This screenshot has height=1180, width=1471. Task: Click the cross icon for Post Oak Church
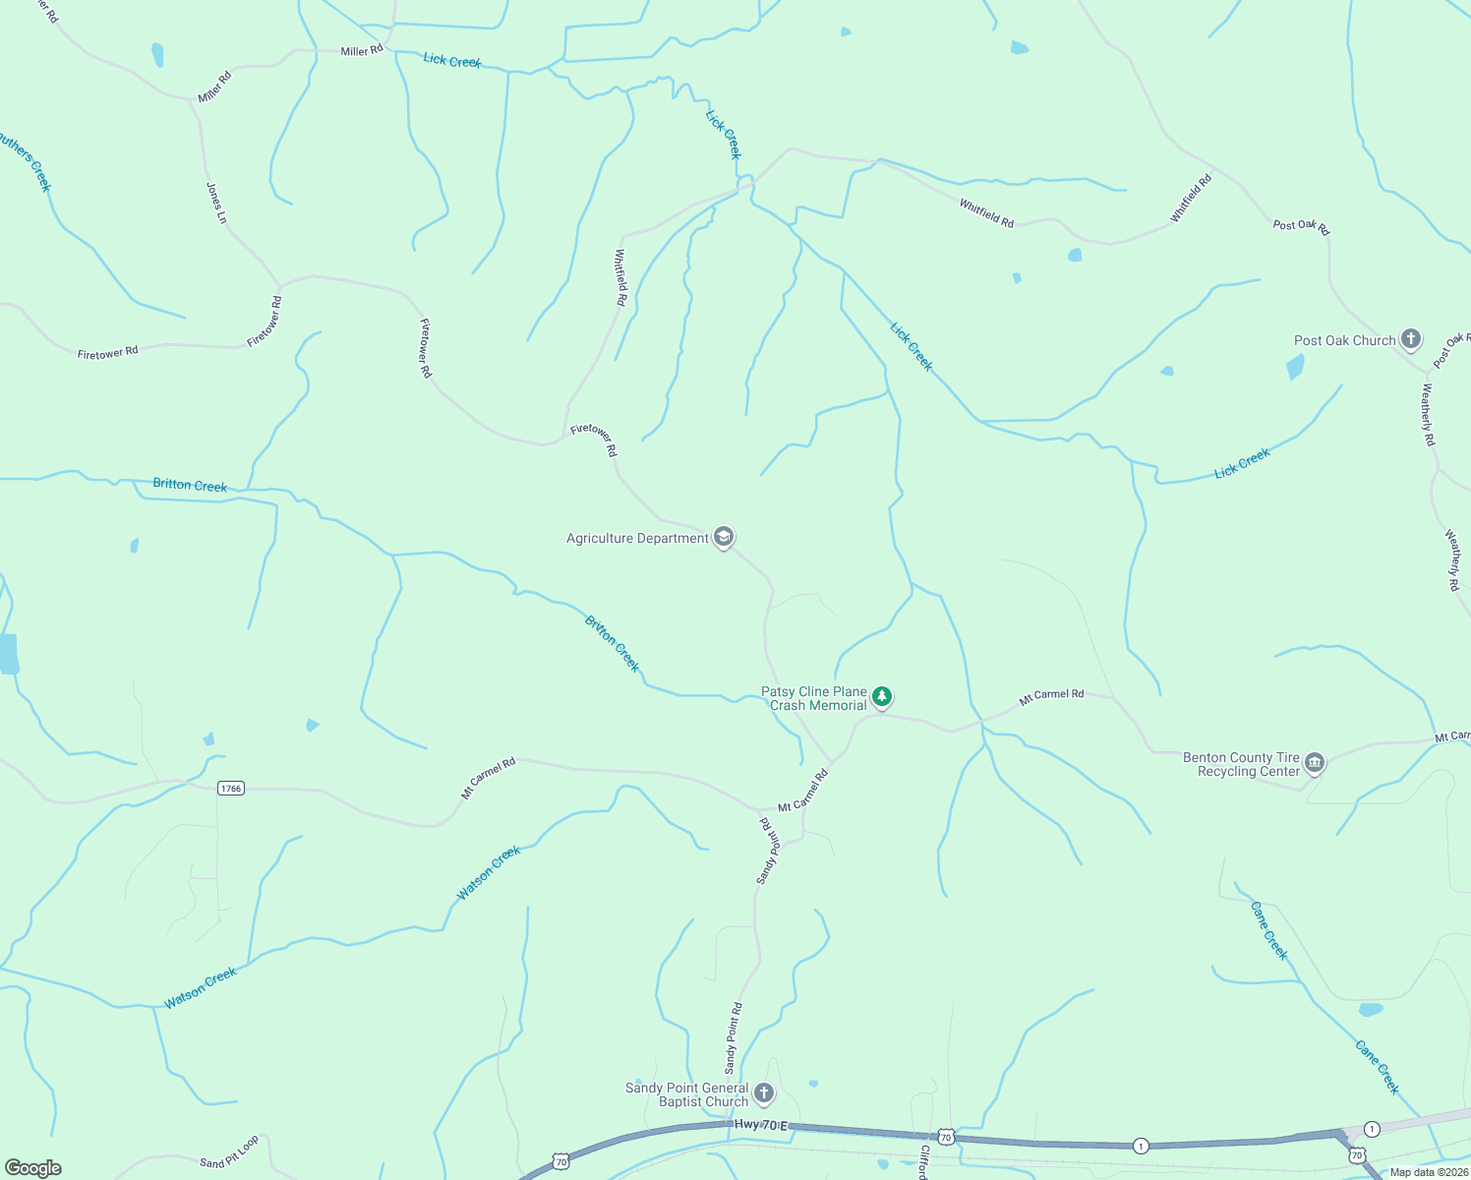(x=1411, y=340)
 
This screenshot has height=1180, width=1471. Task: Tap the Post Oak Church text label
(x=1344, y=340)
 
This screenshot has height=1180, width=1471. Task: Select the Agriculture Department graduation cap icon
(x=724, y=537)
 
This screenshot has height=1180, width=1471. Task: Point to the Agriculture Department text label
(x=637, y=538)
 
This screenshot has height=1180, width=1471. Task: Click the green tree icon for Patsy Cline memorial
(x=882, y=697)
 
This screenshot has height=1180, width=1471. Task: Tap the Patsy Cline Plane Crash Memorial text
(x=815, y=698)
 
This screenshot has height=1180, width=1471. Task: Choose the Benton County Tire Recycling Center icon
(x=1315, y=763)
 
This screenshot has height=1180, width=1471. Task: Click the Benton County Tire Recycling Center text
(x=1241, y=764)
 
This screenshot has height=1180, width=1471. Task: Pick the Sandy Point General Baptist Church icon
(x=763, y=1092)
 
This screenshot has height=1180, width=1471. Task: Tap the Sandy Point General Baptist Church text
(x=687, y=1094)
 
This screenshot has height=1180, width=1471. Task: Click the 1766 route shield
(x=230, y=788)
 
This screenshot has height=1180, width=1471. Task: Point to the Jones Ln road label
(x=216, y=203)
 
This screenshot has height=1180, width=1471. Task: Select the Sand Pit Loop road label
(x=229, y=1151)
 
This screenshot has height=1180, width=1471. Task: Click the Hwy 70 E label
(x=761, y=1124)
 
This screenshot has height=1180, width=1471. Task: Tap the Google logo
(x=33, y=1167)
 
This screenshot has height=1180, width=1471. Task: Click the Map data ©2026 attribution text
(x=1428, y=1172)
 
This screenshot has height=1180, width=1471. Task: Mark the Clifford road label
(x=923, y=1161)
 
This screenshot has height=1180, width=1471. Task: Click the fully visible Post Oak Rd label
(x=1301, y=226)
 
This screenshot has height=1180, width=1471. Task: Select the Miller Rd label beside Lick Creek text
(x=362, y=51)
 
